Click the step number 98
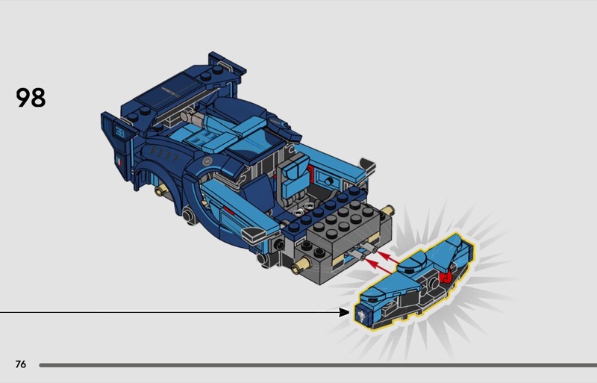[31, 98]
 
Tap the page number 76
[21, 364]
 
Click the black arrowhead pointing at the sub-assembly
[344, 313]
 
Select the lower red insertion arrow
[378, 266]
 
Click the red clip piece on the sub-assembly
[446, 276]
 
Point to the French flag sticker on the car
[119, 161]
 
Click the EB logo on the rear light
[119, 132]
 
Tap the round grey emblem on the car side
[207, 161]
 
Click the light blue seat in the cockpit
[296, 175]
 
